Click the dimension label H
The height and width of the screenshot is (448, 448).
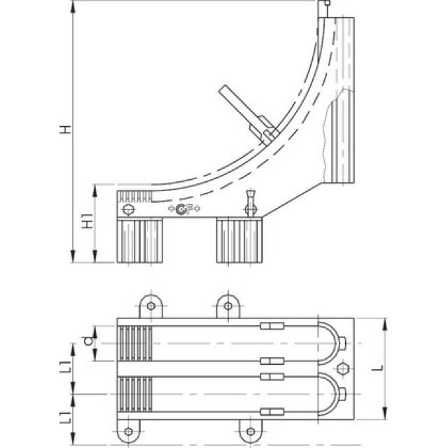pyautogui.click(x=65, y=129)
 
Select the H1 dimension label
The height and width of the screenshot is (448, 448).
pyautogui.click(x=87, y=223)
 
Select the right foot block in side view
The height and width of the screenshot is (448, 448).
pyautogui.click(x=239, y=240)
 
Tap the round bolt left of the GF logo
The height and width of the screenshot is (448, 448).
pyautogui.click(x=128, y=209)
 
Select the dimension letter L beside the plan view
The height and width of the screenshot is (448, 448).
pyautogui.click(x=395, y=367)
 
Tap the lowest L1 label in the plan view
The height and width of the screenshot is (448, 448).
pyautogui.click(x=64, y=419)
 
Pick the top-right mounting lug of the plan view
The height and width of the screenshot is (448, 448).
pyautogui.click(x=227, y=306)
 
